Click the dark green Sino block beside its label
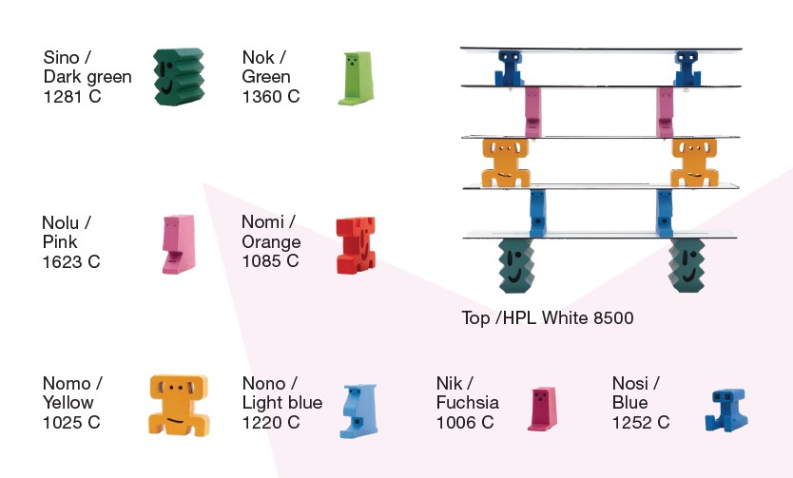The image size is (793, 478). pos(179,76)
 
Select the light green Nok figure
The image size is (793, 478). pos(354,77)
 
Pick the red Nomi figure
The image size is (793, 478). pos(357,245)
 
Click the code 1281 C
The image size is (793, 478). pos(72,96)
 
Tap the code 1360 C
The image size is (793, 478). pos(271,96)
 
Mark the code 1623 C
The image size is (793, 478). pos(71,261)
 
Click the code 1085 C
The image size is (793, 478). pos(270,261)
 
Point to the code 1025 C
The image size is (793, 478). pos(71,422)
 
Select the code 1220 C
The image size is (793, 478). pos(271,422)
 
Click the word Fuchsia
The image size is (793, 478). pos(467,403)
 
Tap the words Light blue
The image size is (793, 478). pos(282,403)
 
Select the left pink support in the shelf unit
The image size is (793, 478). pos(532,112)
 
